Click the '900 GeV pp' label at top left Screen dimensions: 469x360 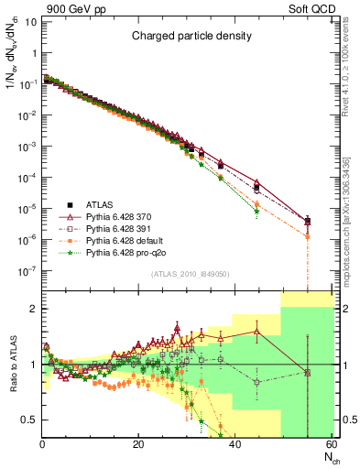click(71, 7)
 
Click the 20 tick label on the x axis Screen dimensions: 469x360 click(138, 444)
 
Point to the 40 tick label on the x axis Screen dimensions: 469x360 click(235, 444)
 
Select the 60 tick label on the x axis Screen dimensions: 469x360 click(331, 444)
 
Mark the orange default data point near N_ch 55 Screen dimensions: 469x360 click(307, 236)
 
